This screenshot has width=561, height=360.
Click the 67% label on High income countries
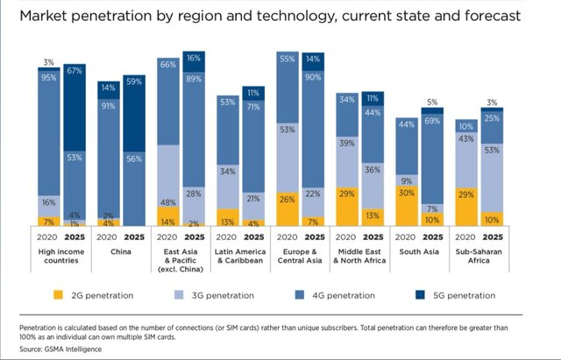tap(75, 70)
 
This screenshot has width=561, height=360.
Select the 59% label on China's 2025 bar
tap(135, 82)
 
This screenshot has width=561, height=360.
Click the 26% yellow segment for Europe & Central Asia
tap(286, 199)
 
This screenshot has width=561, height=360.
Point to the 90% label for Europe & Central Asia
tap(312, 77)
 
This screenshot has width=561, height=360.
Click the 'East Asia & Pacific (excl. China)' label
tap(181, 259)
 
